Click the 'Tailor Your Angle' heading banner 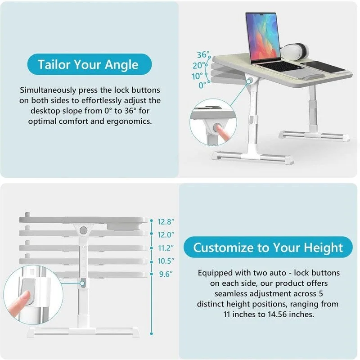tap(88, 64)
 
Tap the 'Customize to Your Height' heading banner tap(268, 247)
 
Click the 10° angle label tap(198, 76)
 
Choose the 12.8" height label tap(166, 221)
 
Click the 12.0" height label tap(166, 234)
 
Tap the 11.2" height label tap(166, 247)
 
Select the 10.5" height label tap(166, 261)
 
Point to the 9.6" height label tap(166, 274)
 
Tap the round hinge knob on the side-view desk tap(83, 230)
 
